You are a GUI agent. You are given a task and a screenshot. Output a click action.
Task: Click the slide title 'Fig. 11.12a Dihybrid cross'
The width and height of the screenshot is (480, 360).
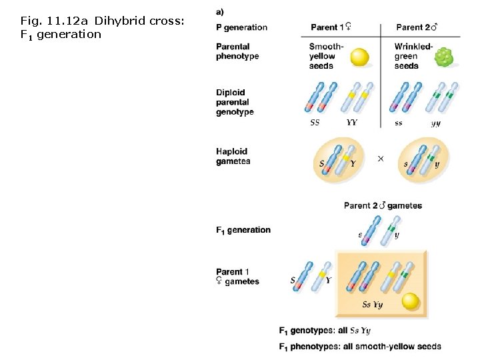(102, 27)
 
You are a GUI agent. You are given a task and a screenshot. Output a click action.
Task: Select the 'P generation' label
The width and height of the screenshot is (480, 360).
(241, 27)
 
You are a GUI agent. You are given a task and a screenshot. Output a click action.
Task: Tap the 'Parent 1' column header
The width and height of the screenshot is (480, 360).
(331, 27)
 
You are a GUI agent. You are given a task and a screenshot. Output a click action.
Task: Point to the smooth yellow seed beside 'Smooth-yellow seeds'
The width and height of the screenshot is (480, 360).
(360, 57)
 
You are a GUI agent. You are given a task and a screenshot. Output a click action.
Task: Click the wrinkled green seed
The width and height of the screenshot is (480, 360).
(443, 59)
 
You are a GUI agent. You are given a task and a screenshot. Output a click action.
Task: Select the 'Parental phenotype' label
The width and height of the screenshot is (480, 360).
(237, 51)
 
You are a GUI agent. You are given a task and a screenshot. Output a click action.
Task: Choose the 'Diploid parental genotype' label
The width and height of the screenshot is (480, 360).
(235, 102)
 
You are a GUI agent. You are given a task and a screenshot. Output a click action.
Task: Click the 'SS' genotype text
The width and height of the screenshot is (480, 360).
(315, 123)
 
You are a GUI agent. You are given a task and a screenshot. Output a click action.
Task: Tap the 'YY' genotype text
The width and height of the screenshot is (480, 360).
(352, 123)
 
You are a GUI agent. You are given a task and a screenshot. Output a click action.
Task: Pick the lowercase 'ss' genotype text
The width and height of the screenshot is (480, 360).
(399, 123)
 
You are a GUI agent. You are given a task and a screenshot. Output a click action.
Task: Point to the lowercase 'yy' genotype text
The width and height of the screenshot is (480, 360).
(435, 123)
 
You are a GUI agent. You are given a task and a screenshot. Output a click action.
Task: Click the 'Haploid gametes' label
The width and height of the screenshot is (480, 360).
(233, 156)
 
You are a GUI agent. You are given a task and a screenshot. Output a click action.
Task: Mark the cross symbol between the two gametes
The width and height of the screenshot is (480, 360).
(381, 159)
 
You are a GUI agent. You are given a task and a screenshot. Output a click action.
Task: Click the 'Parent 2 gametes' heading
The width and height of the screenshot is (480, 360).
(383, 205)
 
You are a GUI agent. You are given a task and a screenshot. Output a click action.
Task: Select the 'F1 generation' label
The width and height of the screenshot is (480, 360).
(243, 230)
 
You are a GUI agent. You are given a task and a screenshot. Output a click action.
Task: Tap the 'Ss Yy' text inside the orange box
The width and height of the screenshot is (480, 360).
(372, 305)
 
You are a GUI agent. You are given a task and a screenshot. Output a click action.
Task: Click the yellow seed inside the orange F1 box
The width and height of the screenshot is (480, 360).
(411, 301)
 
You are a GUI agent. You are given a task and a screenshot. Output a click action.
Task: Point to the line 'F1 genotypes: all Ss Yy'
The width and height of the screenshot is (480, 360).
(325, 330)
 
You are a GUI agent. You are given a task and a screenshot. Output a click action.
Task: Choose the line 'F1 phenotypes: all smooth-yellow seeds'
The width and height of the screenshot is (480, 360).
(359, 346)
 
